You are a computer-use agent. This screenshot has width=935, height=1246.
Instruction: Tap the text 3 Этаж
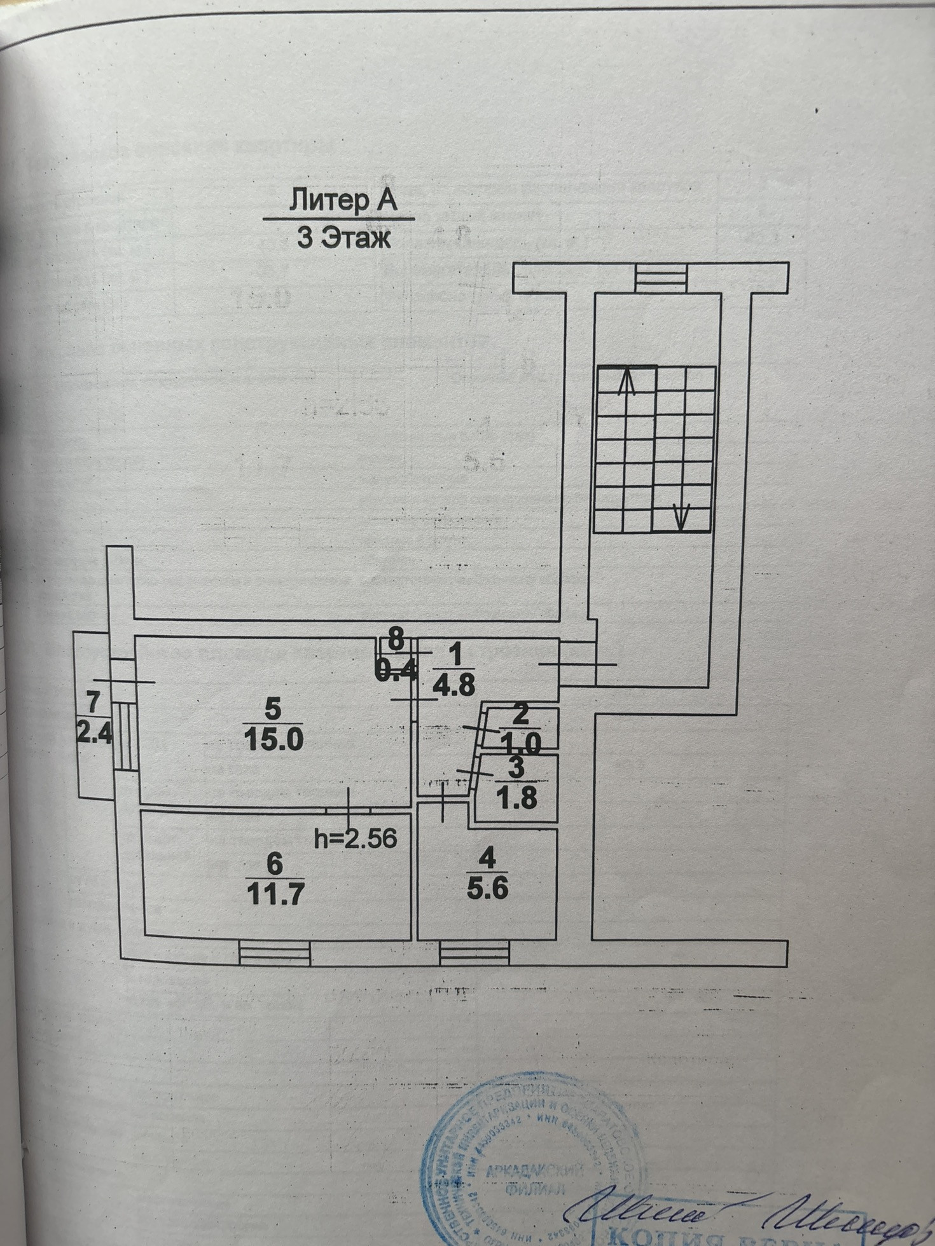click(343, 239)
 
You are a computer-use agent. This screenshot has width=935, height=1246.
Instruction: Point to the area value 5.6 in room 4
click(487, 888)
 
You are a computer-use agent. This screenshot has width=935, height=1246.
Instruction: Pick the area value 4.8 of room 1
click(453, 685)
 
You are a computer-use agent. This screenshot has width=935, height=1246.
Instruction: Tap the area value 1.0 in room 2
click(520, 743)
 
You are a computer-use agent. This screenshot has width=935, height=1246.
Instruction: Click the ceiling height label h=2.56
click(356, 839)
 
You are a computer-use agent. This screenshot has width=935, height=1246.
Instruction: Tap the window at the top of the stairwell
click(661, 278)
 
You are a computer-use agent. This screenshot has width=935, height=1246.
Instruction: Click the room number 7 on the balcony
click(93, 702)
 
